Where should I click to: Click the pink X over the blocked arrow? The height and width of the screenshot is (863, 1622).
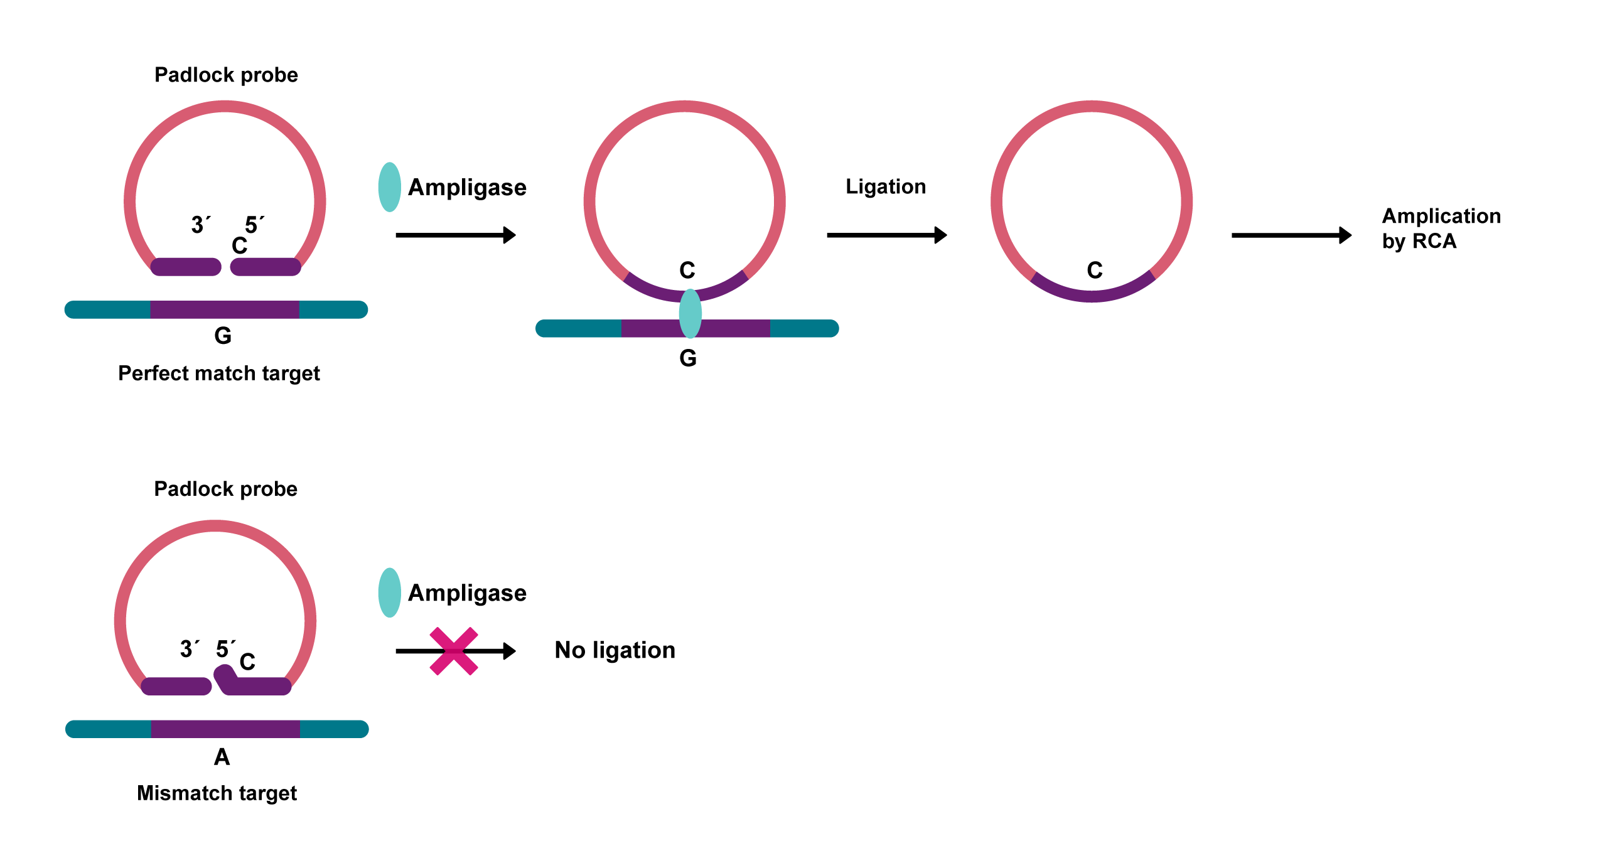coord(453,651)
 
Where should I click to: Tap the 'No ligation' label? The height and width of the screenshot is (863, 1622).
coord(615,650)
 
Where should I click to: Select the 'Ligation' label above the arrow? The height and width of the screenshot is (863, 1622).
coord(885,186)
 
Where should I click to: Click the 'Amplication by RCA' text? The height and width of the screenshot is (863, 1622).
coord(1441,228)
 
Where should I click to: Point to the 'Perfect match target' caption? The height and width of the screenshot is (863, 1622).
coord(219,373)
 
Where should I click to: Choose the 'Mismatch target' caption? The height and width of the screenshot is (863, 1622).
coord(217,793)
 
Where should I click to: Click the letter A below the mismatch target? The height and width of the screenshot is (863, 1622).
coord(222,757)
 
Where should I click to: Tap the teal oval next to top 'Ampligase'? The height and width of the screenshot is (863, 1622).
coord(390,187)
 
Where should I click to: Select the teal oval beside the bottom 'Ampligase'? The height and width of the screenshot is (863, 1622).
coord(390,592)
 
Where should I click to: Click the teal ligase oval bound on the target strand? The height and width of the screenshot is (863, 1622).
coord(690,313)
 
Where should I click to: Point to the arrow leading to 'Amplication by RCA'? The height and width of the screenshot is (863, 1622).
coord(1291,235)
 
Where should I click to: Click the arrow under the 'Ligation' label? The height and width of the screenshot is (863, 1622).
coord(886,235)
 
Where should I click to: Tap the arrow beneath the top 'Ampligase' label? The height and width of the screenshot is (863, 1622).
coord(456,235)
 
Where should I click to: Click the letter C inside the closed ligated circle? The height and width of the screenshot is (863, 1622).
coord(1094,270)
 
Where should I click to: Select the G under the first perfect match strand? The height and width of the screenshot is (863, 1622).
coord(223,336)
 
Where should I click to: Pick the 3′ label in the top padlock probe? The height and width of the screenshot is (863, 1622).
coord(201,224)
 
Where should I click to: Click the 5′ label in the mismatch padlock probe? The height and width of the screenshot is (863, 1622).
coord(225,648)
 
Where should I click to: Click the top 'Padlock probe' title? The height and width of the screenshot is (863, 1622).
coord(226,75)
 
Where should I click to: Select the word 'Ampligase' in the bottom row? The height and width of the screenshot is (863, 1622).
coord(467,593)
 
